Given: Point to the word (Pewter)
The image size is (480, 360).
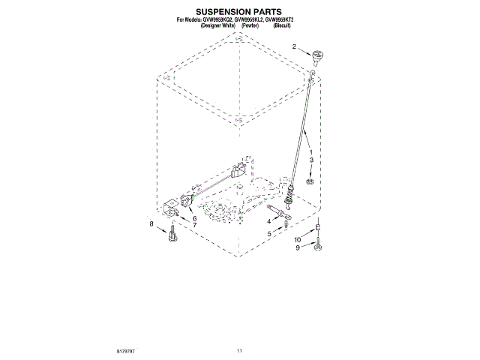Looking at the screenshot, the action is click(250, 25).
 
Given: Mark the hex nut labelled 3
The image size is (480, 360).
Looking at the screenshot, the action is click(308, 181).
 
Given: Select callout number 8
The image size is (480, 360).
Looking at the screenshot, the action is click(151, 223).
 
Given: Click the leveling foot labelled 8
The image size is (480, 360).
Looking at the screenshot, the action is click(172, 235).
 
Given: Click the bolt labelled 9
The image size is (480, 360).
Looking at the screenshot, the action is click(318, 244).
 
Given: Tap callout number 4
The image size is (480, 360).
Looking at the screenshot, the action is click(268, 220).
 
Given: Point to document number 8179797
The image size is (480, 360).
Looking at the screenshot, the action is click(125, 351).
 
